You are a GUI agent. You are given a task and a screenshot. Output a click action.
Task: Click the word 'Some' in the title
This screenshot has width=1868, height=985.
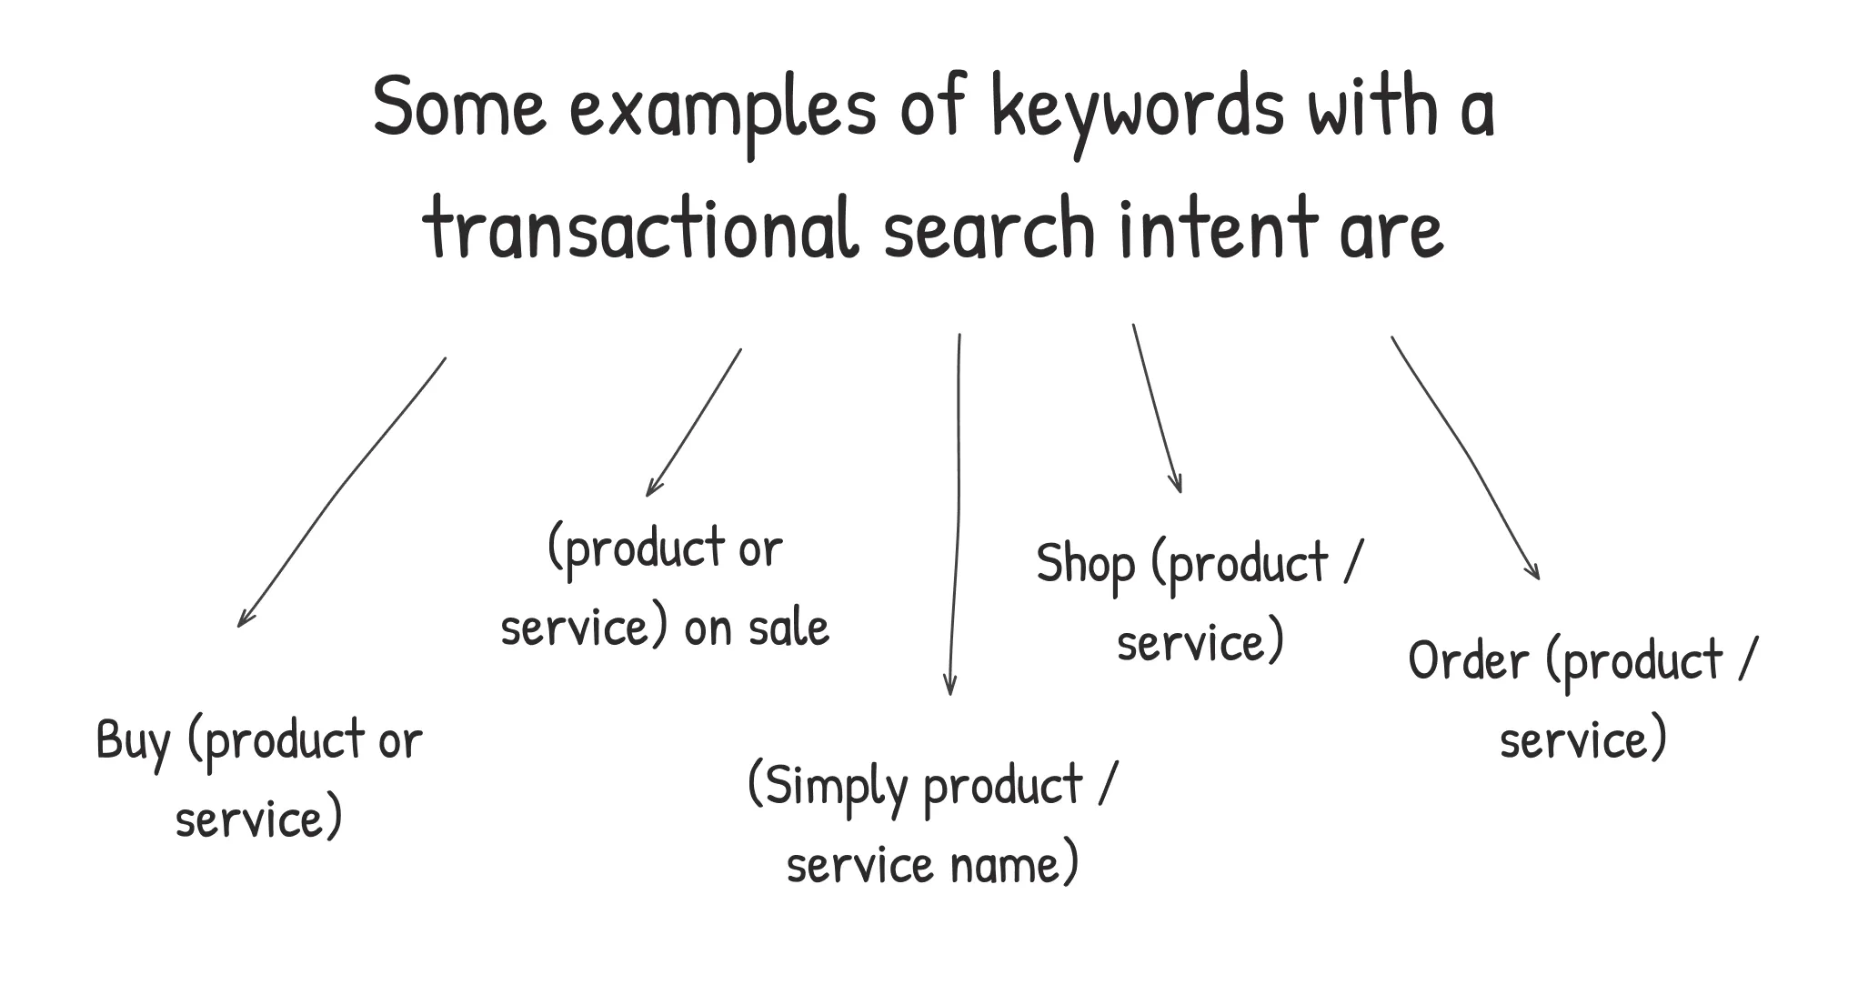tap(459, 106)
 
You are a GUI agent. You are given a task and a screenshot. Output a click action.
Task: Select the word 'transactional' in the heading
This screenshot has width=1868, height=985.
tap(641, 226)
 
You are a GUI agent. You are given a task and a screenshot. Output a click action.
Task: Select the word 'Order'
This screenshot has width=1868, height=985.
tap(1469, 661)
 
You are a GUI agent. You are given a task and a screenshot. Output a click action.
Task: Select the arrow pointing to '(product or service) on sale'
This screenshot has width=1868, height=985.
tap(693, 423)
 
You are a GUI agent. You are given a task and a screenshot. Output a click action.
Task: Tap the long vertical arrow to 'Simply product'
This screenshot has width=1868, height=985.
tap(957, 515)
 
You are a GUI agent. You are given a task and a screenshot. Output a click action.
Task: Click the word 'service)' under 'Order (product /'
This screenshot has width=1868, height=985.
tap(1583, 740)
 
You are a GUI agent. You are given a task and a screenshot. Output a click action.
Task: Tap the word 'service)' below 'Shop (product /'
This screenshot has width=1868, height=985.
tap(1200, 643)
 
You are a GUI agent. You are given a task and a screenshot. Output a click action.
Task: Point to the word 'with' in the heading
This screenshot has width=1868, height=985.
tap(1373, 106)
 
